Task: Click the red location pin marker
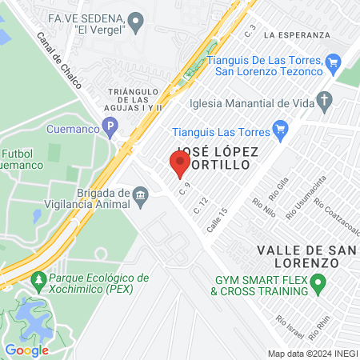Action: pyautogui.click(x=180, y=164)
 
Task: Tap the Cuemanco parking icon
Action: pyautogui.click(x=110, y=126)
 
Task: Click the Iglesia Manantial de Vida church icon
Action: pyautogui.click(x=324, y=102)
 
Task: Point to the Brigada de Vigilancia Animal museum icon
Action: pyautogui.click(x=141, y=194)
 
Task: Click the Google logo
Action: pyautogui.click(x=26, y=350)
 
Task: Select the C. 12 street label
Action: pyautogui.click(x=201, y=205)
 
